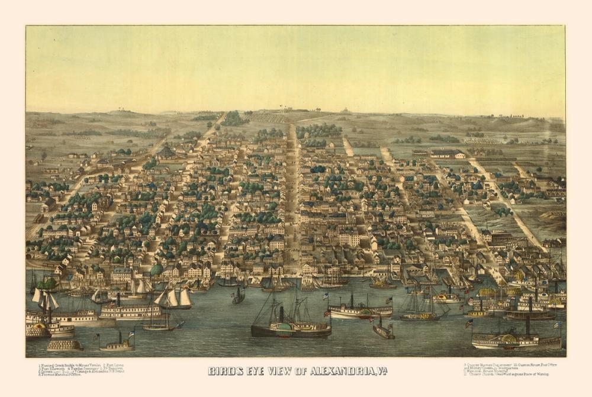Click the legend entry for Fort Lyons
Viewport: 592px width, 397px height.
113,364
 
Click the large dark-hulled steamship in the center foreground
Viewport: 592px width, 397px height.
291,328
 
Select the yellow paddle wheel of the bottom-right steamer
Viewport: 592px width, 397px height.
509,340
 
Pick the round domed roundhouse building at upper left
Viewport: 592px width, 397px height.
166,151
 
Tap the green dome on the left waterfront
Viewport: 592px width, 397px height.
156,270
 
